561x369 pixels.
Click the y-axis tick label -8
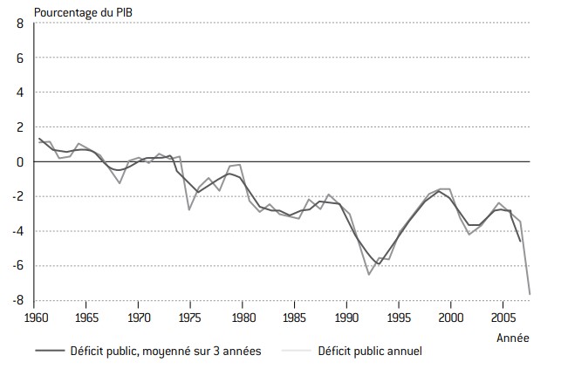click(16, 301)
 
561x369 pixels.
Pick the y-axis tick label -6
click(16, 266)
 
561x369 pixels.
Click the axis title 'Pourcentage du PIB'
click(78, 10)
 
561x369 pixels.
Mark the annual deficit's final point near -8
click(530, 294)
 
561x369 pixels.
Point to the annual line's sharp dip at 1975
click(189, 209)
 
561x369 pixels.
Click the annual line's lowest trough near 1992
click(369, 275)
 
